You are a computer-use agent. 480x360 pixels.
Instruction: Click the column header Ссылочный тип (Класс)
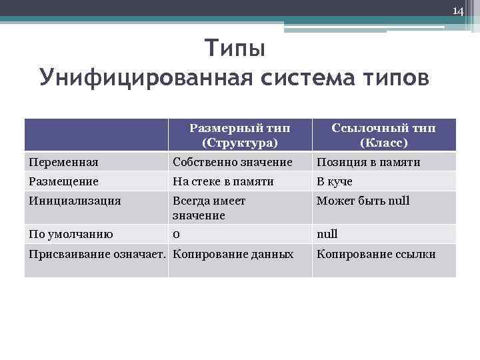click(x=383, y=135)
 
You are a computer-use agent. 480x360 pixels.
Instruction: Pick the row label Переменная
click(x=63, y=162)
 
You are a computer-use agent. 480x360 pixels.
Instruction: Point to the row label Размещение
click(x=63, y=181)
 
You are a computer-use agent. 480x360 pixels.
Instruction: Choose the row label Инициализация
click(x=74, y=201)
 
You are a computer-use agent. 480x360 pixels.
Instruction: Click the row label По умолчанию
click(x=71, y=234)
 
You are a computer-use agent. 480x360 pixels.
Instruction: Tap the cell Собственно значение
click(x=232, y=162)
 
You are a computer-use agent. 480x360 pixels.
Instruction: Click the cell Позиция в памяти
click(x=368, y=162)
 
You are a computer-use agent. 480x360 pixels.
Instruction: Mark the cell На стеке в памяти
click(x=223, y=181)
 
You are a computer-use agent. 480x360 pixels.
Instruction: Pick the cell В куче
click(x=334, y=181)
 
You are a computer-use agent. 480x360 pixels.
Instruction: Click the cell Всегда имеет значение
click(x=209, y=208)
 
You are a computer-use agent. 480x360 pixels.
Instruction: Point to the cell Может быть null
click(x=363, y=201)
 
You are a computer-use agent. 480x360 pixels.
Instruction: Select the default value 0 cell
click(x=176, y=234)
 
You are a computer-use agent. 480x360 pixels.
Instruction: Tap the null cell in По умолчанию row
click(x=327, y=234)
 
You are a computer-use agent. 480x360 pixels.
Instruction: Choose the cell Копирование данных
click(x=233, y=254)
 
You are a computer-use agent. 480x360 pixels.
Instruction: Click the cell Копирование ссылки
click(x=376, y=254)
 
